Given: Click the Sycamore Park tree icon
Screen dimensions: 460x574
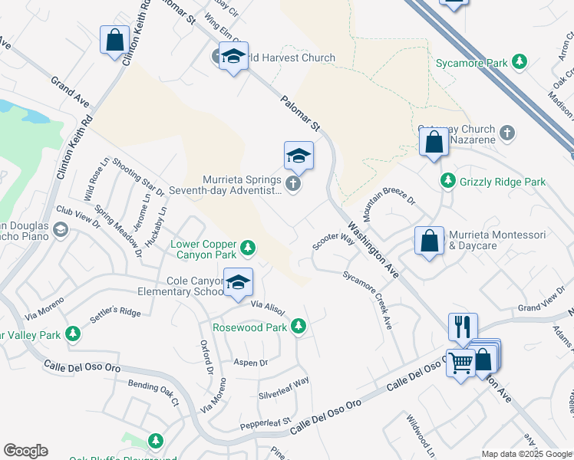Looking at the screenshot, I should pos(520,61).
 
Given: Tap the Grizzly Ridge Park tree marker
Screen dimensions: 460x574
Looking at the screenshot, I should pos(447,181).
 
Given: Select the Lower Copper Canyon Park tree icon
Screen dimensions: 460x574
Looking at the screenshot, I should pos(247,247).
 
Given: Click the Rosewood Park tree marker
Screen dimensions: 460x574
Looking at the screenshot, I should pos(298,327).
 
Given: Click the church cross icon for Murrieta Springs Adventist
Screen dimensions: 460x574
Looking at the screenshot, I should pos(292,184).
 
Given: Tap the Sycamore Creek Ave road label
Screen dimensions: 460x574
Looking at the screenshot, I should pos(368,300).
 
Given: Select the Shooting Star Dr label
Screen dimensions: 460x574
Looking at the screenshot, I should pos(137,176).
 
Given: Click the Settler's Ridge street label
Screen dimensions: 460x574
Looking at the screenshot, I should pos(115,312).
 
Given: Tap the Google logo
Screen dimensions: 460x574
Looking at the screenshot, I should pos(25,451).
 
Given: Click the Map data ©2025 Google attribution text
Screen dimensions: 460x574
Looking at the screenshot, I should pos(526,454).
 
